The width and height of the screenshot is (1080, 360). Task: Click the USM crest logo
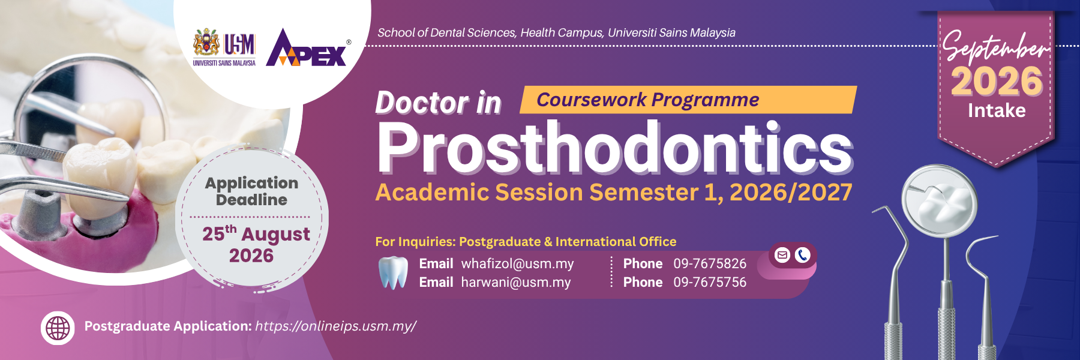pyautogui.click(x=224, y=47)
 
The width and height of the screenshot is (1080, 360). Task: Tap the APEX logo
pyautogui.click(x=307, y=47)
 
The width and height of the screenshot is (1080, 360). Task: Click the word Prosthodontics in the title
pyautogui.click(x=614, y=148)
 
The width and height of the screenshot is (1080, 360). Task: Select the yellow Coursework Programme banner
pyautogui.click(x=688, y=100)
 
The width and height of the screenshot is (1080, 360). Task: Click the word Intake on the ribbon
pyautogui.click(x=997, y=110)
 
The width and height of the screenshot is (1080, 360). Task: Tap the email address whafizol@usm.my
pyautogui.click(x=517, y=263)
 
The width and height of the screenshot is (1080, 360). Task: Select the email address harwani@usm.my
pyautogui.click(x=516, y=282)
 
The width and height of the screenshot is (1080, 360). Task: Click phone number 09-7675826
pyautogui.click(x=710, y=263)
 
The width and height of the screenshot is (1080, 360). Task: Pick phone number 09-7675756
pyautogui.click(x=710, y=282)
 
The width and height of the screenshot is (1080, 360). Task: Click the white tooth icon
pyautogui.click(x=393, y=273)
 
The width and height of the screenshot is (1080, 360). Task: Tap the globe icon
pyautogui.click(x=58, y=328)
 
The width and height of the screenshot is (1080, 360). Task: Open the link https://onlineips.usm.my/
pyautogui.click(x=335, y=326)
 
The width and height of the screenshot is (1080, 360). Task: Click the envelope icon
pyautogui.click(x=782, y=255)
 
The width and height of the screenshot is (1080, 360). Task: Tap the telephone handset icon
pyautogui.click(x=803, y=255)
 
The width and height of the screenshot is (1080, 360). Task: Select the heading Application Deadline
pyautogui.click(x=251, y=191)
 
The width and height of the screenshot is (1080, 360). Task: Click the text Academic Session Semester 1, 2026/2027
pyautogui.click(x=614, y=193)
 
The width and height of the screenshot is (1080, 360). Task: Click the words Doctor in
pyautogui.click(x=438, y=103)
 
